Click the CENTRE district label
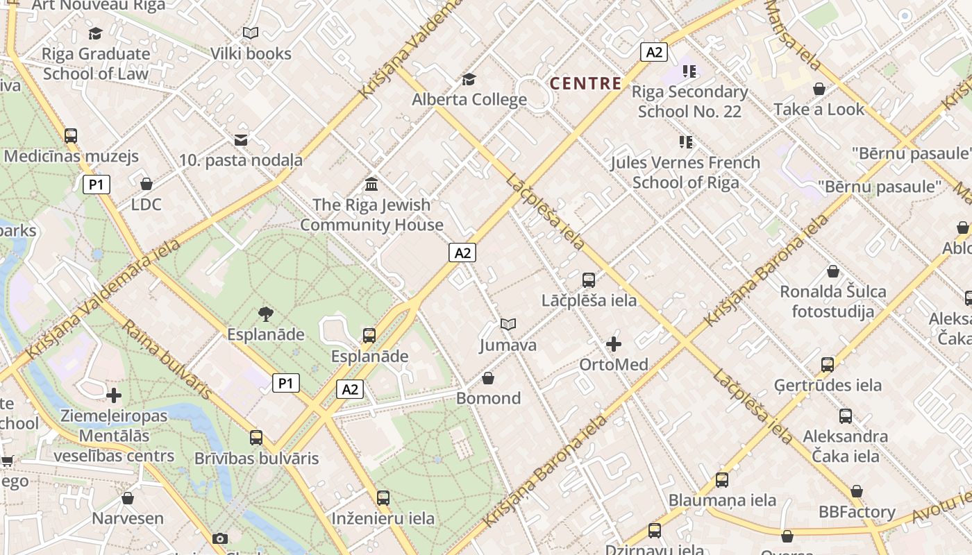tap(585, 83)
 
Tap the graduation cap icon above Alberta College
tap(469, 79)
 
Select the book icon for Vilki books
tap(251, 33)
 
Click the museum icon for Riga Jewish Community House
tap(371, 185)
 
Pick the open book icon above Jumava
tap(508, 324)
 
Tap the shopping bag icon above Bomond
tap(488, 378)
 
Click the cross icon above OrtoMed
tap(614, 343)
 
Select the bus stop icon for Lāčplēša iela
tap(589, 280)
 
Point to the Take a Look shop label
tap(819, 109)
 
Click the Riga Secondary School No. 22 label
tap(689, 101)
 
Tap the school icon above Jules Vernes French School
tap(686, 142)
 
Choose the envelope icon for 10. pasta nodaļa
tap(241, 140)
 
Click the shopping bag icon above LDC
tap(146, 184)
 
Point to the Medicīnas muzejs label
tap(72, 156)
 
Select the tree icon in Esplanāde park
tap(265, 314)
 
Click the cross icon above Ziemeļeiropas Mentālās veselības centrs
tap(114, 395)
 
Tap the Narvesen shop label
tap(128, 518)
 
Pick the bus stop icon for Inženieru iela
tap(383, 497)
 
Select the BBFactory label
tap(857, 512)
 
